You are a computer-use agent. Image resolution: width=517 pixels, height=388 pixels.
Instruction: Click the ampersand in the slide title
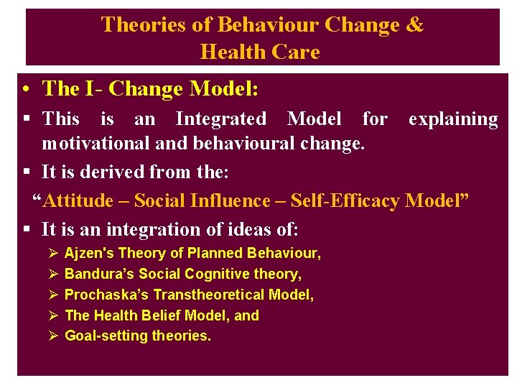[414, 25]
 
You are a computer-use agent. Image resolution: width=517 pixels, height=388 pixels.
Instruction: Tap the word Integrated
[220, 119]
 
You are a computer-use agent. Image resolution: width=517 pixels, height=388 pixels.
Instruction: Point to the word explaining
[453, 119]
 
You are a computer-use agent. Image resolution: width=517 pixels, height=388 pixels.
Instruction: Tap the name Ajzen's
[89, 253]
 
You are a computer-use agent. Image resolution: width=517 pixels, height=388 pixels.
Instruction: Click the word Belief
[159, 315]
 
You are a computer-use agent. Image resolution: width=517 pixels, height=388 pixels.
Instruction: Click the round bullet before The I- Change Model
[26, 90]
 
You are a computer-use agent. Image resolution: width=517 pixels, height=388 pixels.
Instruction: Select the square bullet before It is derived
[26, 172]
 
